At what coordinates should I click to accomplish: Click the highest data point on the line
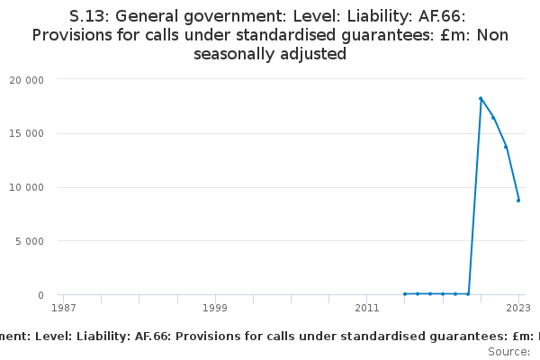tap(481, 98)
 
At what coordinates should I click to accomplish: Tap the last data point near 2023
tap(518, 201)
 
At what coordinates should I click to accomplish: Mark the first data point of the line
tap(405, 293)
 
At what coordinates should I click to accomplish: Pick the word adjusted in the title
tap(317, 54)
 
